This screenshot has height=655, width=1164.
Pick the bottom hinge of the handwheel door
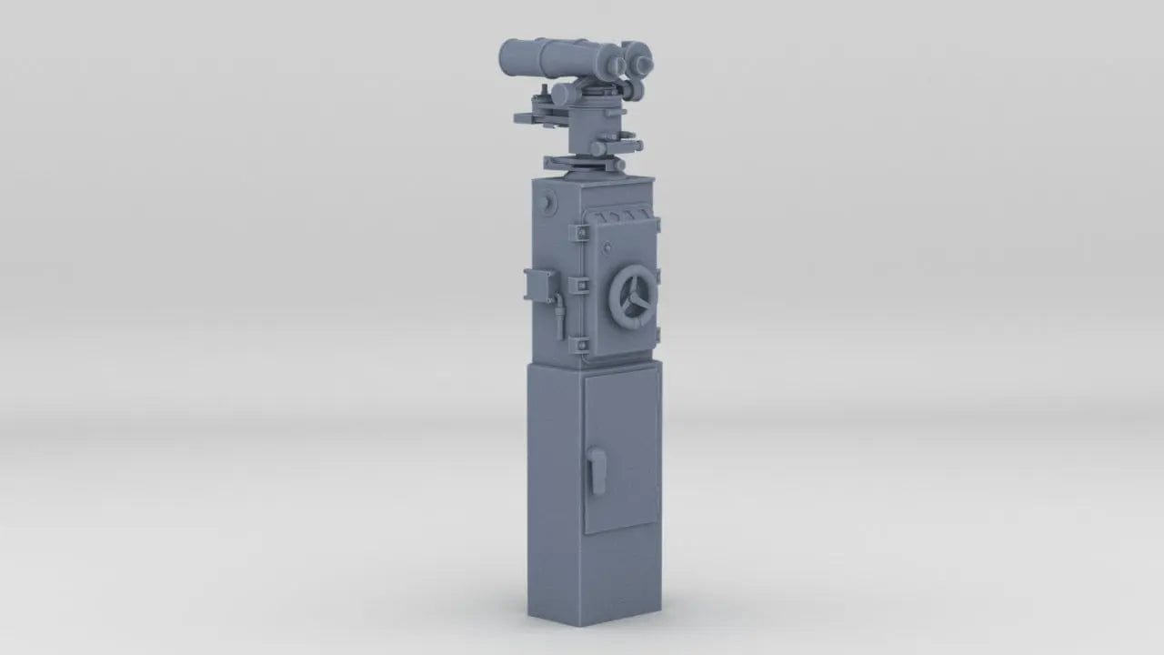pos(578,345)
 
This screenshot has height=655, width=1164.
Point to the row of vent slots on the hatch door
pos(622,217)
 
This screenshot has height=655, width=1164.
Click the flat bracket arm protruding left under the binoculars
pos(532,118)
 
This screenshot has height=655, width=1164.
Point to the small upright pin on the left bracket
pos(544,92)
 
